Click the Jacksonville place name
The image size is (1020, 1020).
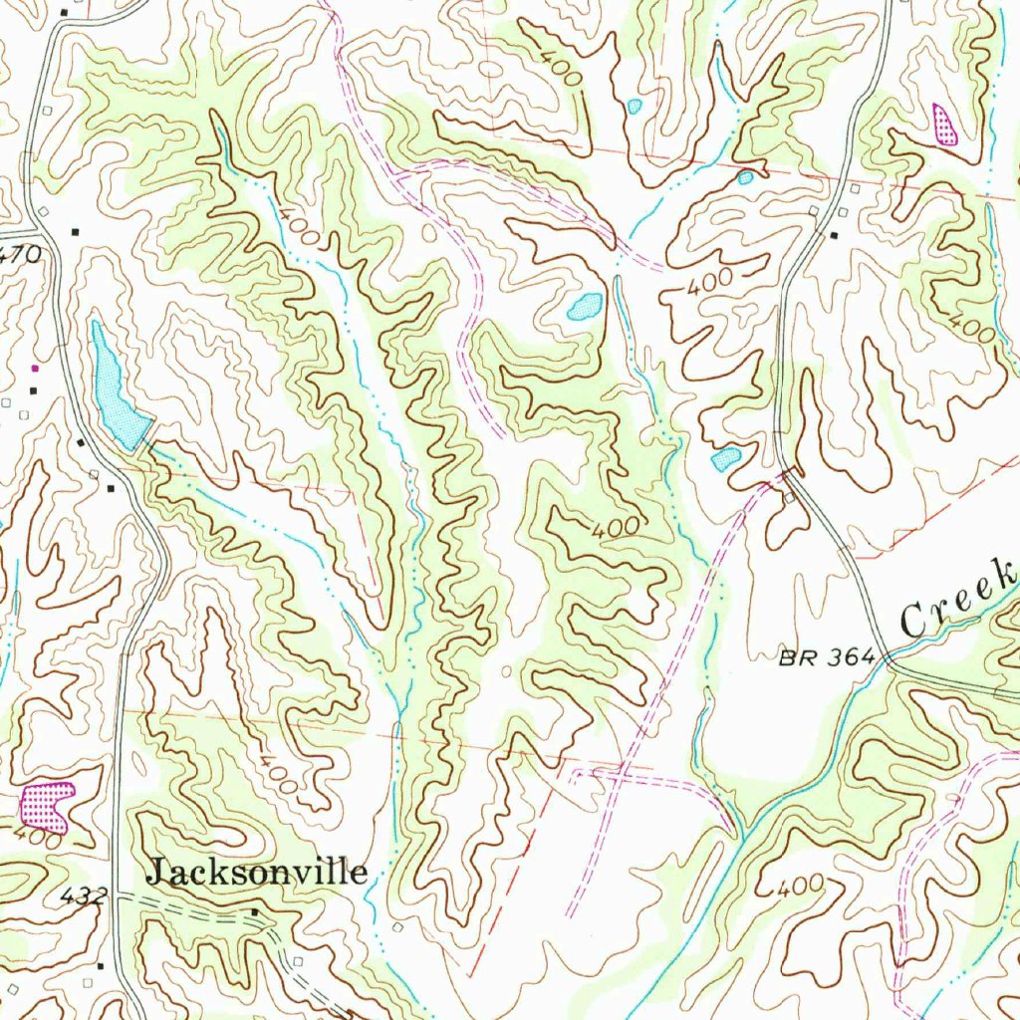(x=257, y=874)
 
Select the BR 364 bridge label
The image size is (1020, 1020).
(x=826, y=656)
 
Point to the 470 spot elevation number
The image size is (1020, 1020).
(x=20, y=254)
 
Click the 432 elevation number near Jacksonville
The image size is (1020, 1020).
(x=83, y=897)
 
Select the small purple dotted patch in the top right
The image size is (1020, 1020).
(x=942, y=125)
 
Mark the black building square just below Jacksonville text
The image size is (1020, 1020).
(x=254, y=911)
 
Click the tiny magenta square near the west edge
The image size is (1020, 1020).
(x=36, y=369)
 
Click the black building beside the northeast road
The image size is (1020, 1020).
(x=834, y=235)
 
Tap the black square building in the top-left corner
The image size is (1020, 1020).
(x=65, y=12)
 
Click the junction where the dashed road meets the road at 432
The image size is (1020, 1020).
(x=119, y=895)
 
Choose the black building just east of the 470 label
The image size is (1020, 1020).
(x=76, y=232)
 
